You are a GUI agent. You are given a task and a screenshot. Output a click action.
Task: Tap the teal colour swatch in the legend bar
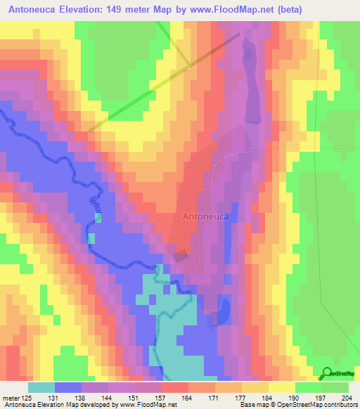pos(41,387)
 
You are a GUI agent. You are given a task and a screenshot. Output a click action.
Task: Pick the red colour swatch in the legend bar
pos(175,387)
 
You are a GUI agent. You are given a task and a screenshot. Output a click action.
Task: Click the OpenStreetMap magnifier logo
pos(327,374)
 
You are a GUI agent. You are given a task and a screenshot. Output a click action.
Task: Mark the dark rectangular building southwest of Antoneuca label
pos(181,257)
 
